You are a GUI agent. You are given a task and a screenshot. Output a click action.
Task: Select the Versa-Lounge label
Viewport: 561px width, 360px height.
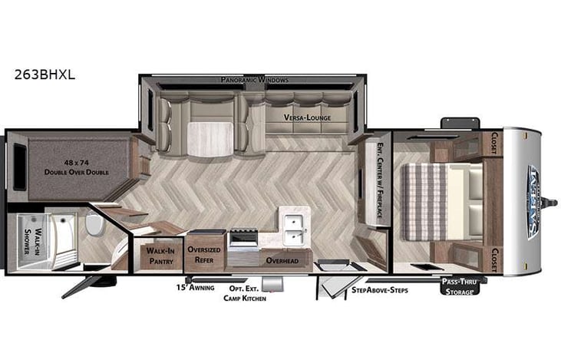pyautogui.click(x=296, y=117)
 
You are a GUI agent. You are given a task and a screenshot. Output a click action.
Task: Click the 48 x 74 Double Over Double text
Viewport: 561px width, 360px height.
pyautogui.click(x=75, y=167)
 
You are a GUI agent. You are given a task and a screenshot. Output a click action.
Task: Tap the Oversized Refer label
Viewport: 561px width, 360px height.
pyautogui.click(x=206, y=254)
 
